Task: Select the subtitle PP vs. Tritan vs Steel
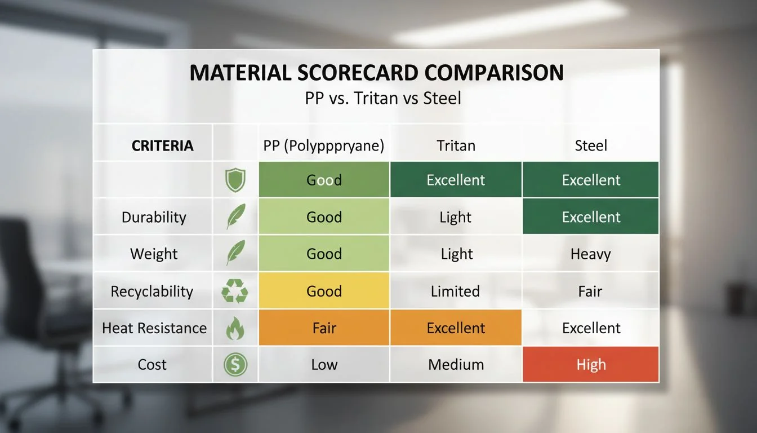click(382, 99)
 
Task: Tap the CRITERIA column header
click(162, 146)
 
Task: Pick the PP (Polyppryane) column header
click(324, 146)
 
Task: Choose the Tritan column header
click(456, 146)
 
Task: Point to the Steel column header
click(591, 146)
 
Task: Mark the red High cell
click(591, 365)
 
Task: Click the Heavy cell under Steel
click(591, 254)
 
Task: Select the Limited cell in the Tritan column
click(456, 291)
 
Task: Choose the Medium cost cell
click(456, 365)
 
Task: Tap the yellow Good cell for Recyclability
click(324, 291)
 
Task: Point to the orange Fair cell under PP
click(324, 328)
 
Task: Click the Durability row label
click(154, 217)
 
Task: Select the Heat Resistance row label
click(154, 328)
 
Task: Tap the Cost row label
click(152, 365)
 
